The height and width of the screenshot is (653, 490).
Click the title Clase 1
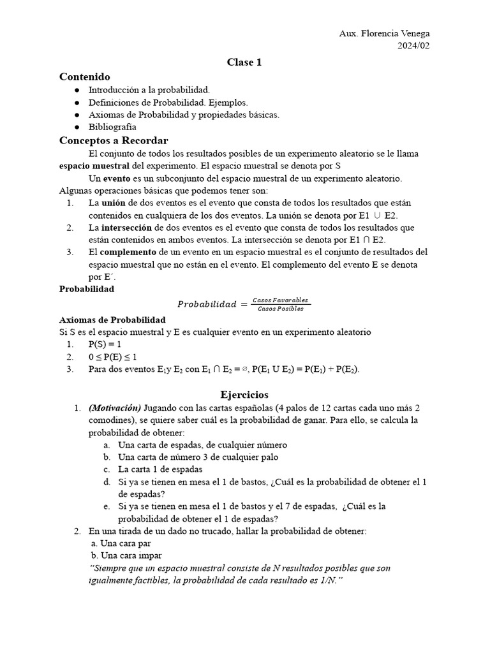244,62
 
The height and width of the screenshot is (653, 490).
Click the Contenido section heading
85,77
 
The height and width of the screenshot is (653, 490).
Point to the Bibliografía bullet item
112,127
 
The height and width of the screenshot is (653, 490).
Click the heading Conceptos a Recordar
114,140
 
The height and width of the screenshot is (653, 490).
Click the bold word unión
114,202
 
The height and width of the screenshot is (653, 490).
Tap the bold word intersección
125,227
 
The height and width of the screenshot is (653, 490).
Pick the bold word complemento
129,251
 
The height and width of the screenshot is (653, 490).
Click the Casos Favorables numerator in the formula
281,300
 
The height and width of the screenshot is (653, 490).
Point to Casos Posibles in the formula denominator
281,309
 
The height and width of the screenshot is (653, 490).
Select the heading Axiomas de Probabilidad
112,319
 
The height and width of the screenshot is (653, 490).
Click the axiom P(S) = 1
105,344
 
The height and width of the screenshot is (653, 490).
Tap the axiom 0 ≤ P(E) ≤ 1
113,356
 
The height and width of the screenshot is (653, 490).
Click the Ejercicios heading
244,394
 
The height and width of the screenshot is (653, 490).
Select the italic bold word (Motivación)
115,407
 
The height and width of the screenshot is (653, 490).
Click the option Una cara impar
126,555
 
